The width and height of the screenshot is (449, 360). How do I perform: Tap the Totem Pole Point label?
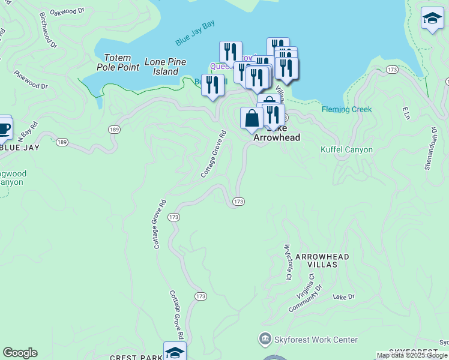pyautogui.click(x=118, y=62)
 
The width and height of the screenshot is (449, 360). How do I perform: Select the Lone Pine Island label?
pyautogui.click(x=165, y=67)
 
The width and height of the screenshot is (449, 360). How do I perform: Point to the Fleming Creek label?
pyautogui.click(x=346, y=109)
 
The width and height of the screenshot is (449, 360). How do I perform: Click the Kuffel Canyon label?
pyautogui.click(x=346, y=149)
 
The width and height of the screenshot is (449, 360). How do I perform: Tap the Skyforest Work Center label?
pyautogui.click(x=316, y=340)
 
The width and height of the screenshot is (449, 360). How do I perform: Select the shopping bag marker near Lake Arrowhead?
pyautogui.click(x=251, y=117)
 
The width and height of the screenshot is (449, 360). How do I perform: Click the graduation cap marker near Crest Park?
pyautogui.click(x=175, y=352)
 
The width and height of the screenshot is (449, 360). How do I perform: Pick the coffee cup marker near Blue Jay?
pyautogui.click(x=4, y=127)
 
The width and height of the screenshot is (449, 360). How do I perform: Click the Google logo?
pyautogui.click(x=20, y=353)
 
